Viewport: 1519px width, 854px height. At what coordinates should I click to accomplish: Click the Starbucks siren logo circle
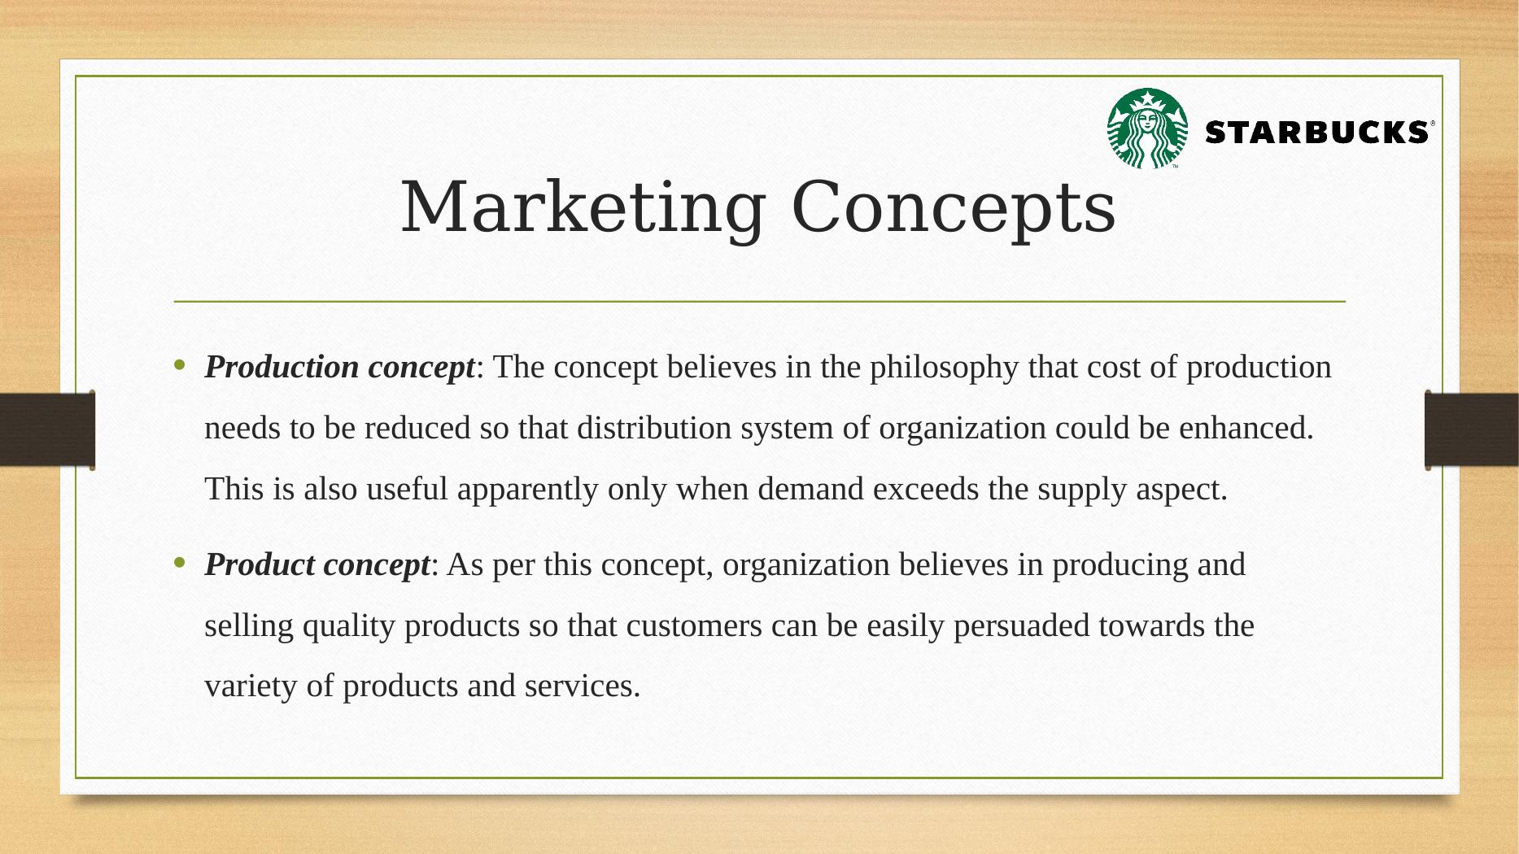click(x=1147, y=129)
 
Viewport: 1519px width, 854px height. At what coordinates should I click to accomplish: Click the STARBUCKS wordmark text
click(x=1316, y=132)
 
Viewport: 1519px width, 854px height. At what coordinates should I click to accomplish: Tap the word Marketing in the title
click(x=583, y=208)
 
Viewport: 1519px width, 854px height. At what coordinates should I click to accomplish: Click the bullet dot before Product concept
click(x=180, y=562)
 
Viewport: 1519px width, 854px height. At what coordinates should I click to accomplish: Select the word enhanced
click(x=1246, y=428)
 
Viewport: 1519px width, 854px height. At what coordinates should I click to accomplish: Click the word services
click(x=583, y=686)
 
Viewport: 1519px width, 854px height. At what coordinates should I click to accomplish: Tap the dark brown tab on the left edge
click(x=47, y=429)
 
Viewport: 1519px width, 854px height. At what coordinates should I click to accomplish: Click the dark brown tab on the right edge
click(x=1472, y=429)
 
